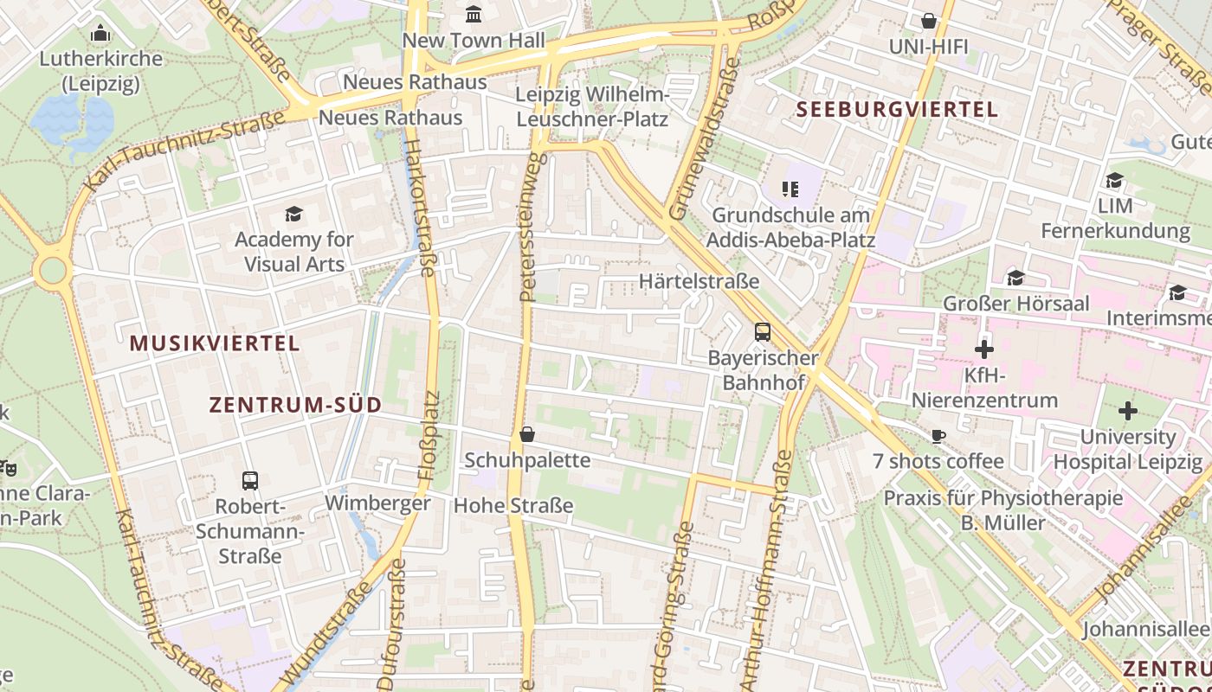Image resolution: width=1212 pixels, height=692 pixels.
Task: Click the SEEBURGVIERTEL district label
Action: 897,110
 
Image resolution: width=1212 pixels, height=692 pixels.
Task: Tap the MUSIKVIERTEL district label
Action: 215,343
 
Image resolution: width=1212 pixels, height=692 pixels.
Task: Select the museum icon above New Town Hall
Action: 474,14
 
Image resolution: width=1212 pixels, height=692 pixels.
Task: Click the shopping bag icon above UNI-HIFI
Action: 929,20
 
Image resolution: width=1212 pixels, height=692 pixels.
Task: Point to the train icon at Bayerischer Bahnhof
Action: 763,331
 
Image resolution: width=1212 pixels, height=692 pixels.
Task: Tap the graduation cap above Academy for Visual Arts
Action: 293,214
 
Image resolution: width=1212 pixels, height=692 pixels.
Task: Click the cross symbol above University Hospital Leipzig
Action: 1127,411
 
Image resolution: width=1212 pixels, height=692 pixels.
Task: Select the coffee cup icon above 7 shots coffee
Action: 938,436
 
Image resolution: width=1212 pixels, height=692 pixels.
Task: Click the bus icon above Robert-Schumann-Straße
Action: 250,480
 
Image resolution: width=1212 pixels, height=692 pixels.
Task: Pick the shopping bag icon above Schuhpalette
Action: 527,434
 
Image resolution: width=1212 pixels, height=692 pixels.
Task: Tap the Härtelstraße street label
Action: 699,281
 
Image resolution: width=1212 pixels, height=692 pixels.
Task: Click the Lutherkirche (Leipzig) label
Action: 100,71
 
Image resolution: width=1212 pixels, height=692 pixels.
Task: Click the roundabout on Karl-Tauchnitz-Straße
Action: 53,271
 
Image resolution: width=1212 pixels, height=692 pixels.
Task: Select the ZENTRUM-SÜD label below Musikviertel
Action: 295,405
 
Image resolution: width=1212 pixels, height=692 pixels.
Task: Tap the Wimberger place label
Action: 377,503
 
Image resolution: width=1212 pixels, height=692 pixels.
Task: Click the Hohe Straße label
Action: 513,505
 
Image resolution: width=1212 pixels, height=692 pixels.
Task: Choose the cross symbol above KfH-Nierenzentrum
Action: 984,350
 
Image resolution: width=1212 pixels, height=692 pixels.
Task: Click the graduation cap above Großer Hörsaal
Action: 1015,278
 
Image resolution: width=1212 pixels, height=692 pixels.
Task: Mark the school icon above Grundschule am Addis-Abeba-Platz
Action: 790,188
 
